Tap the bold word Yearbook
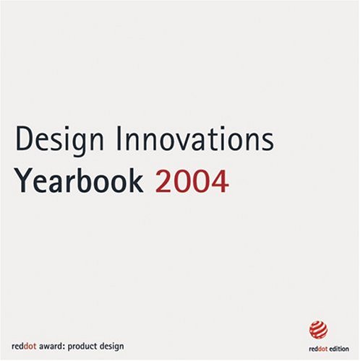(80, 181)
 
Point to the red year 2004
(192, 181)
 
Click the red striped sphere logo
(318, 329)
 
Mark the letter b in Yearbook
(94, 181)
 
